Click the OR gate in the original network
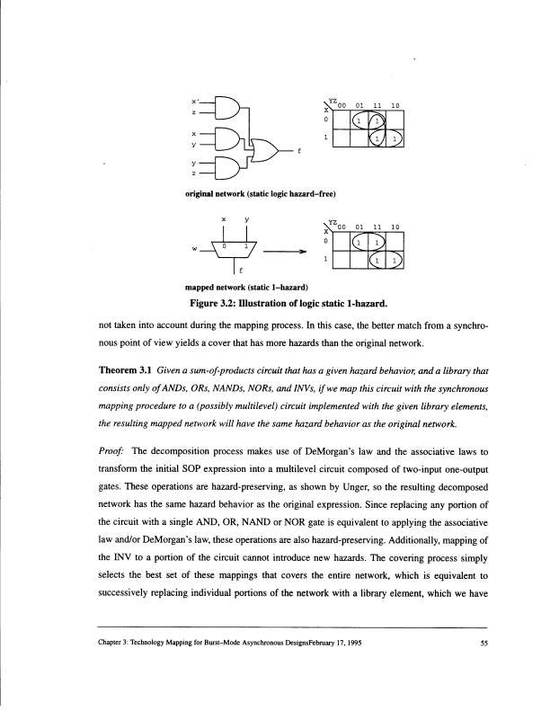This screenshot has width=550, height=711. [x=267, y=150]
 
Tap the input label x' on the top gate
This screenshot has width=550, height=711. [x=196, y=100]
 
